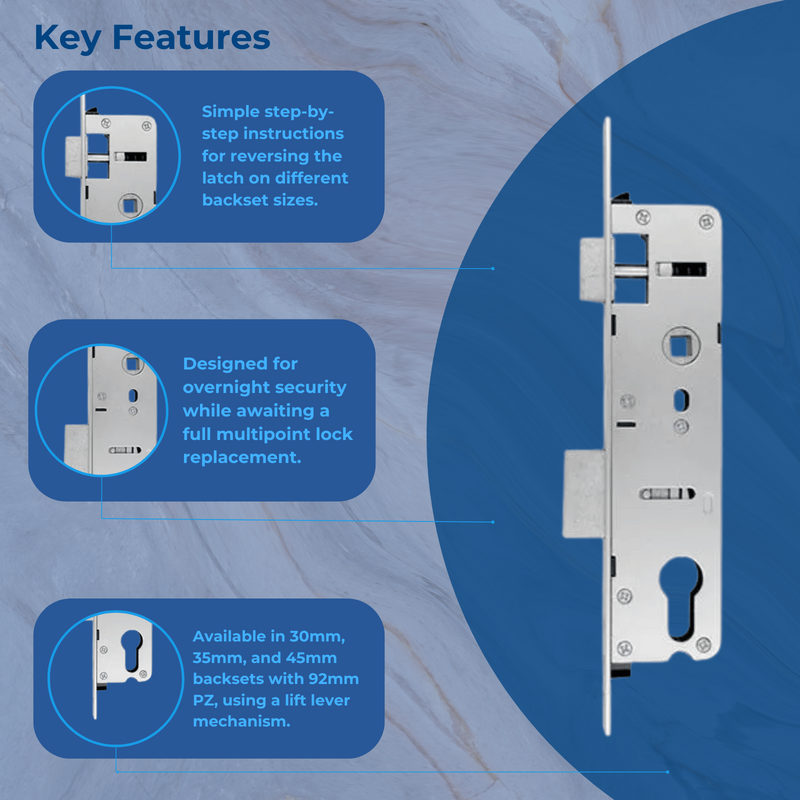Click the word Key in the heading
pyautogui.click(x=69, y=37)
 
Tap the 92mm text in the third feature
pyautogui.click(x=336, y=679)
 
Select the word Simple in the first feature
pyautogui.click(x=231, y=111)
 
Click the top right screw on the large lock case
pyautogui.click(x=709, y=214)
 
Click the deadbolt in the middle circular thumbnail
pyautogui.click(x=78, y=442)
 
